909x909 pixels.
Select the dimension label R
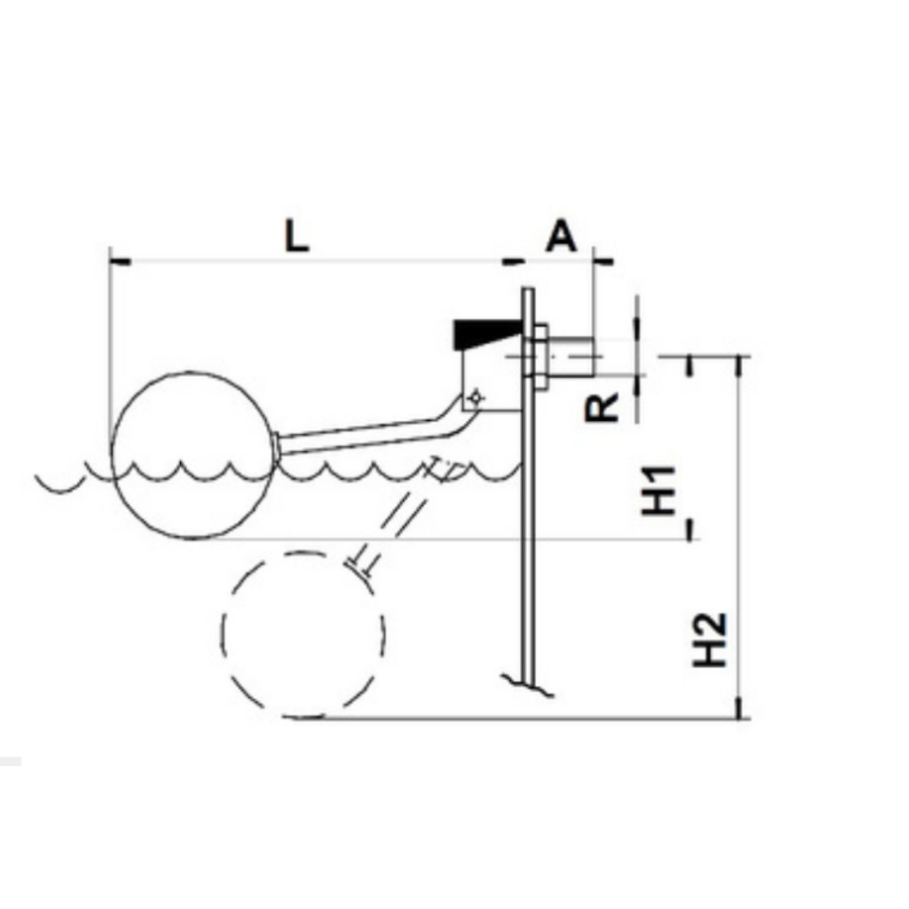pyautogui.click(x=603, y=407)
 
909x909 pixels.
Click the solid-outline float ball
pyautogui.click(x=193, y=454)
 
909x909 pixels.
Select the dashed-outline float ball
pyautogui.click(x=303, y=635)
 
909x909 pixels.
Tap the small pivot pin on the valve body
pyautogui.click(x=475, y=396)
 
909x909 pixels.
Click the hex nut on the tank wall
pyautogui.click(x=540, y=358)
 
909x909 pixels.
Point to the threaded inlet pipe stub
pyautogui.click(x=572, y=357)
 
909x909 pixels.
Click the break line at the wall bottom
pyautogui.click(x=528, y=683)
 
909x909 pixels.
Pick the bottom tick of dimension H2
pyautogui.click(x=741, y=718)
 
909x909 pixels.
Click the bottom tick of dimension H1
pyautogui.click(x=691, y=530)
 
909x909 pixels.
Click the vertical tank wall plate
pyautogui.click(x=528, y=505)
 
